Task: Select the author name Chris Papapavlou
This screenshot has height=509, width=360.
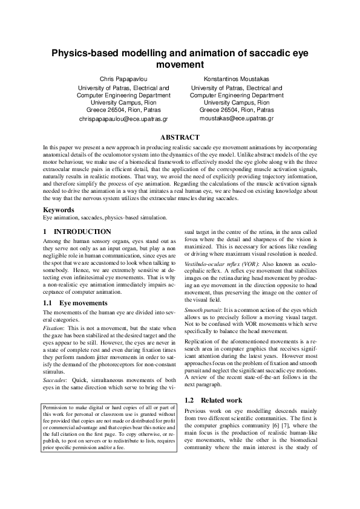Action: click(x=123, y=79)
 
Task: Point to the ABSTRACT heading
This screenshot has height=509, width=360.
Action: click(x=180, y=137)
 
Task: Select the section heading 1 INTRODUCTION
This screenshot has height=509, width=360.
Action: click(x=77, y=232)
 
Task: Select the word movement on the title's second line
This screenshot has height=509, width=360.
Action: click(x=180, y=65)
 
